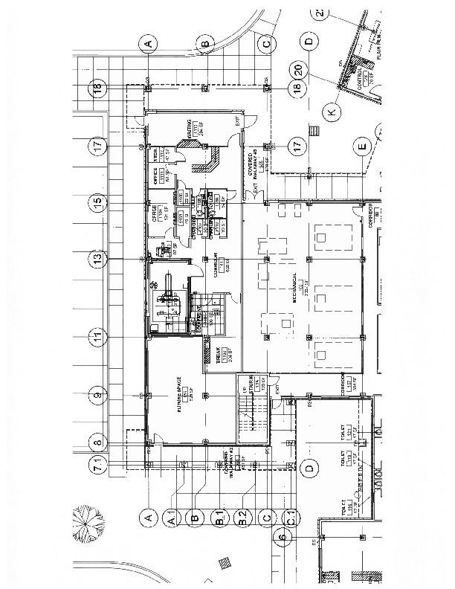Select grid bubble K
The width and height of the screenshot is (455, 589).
point(331,112)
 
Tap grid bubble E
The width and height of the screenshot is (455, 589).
point(362,146)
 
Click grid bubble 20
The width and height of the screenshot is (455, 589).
point(297,71)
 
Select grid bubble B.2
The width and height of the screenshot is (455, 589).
point(242,515)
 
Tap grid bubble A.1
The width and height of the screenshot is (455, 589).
point(172,515)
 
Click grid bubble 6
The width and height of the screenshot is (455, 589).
point(283,537)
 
